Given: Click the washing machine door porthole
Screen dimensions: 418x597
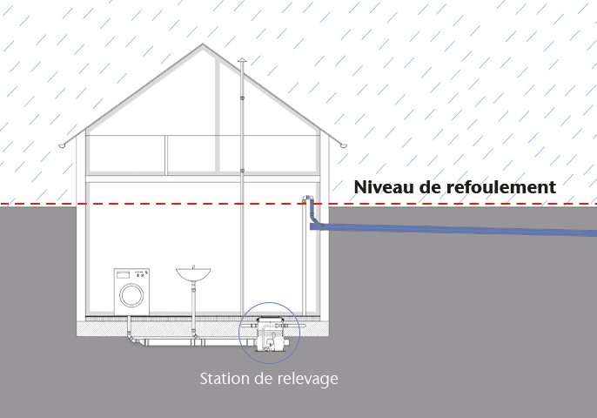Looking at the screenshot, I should [131, 294].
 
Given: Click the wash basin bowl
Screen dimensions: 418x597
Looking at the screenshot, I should [193, 274].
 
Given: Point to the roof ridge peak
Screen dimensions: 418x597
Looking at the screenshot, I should [203, 44].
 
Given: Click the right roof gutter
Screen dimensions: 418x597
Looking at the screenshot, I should [343, 145].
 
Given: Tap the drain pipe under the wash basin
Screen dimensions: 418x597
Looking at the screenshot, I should [193, 305].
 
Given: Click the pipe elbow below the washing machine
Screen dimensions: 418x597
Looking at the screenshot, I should [131, 337].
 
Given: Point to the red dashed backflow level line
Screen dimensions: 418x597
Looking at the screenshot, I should [174, 205].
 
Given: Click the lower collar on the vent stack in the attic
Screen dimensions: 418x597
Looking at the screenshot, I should [241, 170].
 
